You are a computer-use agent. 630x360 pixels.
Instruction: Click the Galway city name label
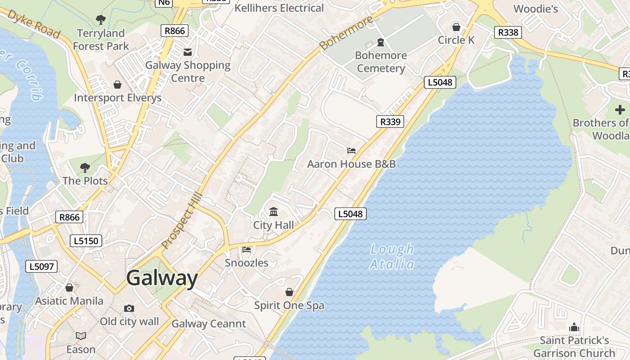click(162, 278)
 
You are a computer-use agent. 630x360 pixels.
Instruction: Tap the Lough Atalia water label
click(392, 256)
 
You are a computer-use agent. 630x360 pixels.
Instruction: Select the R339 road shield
click(390, 121)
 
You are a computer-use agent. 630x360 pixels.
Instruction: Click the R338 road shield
click(508, 32)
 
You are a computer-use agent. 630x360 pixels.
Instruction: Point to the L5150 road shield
click(86, 241)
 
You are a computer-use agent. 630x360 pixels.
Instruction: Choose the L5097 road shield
click(41, 266)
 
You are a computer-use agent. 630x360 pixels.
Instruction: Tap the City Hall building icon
click(273, 212)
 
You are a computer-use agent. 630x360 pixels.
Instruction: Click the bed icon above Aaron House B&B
click(351, 150)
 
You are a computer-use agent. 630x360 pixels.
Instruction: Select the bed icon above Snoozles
click(246, 249)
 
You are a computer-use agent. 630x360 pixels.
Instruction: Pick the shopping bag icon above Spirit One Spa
click(289, 292)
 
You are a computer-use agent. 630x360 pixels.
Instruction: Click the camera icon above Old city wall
click(129, 308)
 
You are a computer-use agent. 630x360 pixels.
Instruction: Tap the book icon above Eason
click(81, 336)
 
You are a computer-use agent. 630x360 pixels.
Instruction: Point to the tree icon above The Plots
click(85, 168)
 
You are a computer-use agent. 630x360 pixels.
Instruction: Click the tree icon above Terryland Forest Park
click(101, 20)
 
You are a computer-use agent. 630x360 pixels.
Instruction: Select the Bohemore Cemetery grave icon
click(381, 42)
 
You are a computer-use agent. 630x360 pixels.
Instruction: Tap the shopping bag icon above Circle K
click(456, 27)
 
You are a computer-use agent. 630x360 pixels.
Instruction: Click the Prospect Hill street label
click(183, 220)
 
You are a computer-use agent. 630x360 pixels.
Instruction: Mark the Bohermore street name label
click(346, 32)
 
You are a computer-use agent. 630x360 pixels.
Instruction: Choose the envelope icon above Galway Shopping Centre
click(188, 52)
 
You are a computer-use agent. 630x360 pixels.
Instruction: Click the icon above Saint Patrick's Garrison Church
click(574, 327)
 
